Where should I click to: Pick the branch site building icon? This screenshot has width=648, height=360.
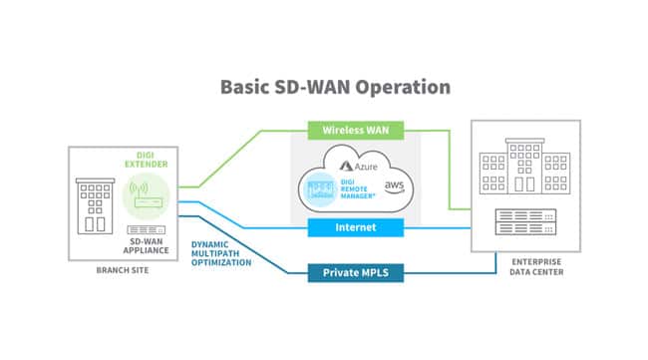pyautogui.click(x=93, y=204)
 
